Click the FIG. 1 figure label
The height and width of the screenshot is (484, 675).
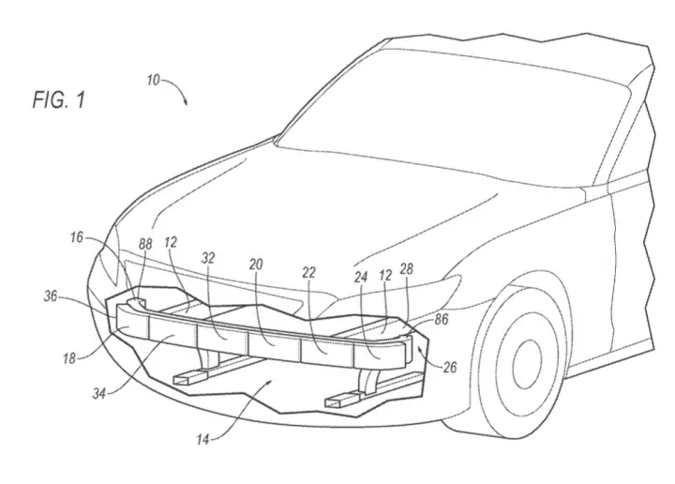click(59, 99)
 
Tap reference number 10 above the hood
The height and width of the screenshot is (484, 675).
click(153, 80)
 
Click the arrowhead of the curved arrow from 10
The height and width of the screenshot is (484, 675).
click(185, 102)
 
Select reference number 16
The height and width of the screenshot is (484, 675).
click(77, 237)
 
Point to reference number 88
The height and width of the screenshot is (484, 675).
click(145, 244)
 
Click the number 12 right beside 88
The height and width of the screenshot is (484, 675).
click(171, 242)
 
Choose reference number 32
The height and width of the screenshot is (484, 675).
click(208, 258)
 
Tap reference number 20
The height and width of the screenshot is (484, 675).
click(256, 264)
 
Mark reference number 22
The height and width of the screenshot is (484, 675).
click(308, 272)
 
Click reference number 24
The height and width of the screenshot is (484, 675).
click(361, 277)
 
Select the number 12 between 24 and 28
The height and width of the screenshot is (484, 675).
click(385, 275)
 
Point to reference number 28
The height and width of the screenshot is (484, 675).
click(406, 268)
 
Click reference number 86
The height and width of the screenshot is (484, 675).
click(442, 319)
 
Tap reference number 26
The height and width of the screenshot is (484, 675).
click(449, 368)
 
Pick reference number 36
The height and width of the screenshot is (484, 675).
click(51, 296)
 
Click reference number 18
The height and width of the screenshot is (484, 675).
click(69, 357)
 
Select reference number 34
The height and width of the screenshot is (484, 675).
click(99, 393)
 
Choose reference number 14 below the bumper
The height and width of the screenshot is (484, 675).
click(202, 439)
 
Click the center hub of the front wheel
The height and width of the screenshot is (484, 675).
click(527, 364)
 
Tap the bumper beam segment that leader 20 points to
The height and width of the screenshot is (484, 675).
click(274, 345)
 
